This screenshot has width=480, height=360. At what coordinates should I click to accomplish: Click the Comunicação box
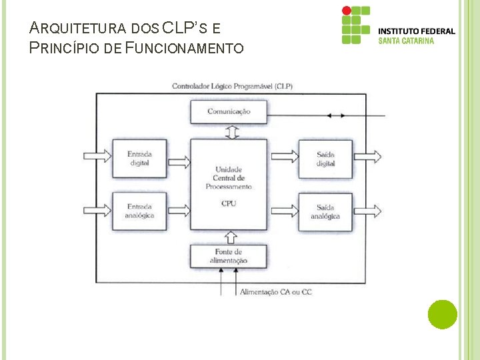click(x=229, y=111)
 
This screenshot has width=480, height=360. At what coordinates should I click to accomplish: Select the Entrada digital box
click(x=139, y=159)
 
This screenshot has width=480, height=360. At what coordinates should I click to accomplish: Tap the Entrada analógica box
click(x=139, y=211)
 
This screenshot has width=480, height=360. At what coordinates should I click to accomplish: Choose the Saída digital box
click(x=325, y=159)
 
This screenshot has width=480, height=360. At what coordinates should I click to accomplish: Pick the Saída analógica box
click(x=325, y=212)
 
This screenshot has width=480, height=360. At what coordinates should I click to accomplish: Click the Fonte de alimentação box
click(x=229, y=256)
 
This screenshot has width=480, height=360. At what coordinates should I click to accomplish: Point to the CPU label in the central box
click(x=229, y=203)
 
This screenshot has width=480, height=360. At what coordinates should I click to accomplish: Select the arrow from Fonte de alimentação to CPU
click(x=231, y=237)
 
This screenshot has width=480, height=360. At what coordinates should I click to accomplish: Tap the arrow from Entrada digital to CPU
click(x=179, y=160)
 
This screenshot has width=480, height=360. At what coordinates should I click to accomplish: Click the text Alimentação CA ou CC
click(x=275, y=292)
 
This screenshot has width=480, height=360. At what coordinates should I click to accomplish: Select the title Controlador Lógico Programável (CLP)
click(x=231, y=86)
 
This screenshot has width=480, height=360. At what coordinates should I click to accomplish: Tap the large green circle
click(x=442, y=315)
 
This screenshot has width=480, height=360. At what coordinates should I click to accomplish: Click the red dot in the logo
click(x=346, y=11)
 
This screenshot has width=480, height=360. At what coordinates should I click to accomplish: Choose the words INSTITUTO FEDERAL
click(x=417, y=31)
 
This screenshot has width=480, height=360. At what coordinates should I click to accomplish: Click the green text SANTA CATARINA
click(x=406, y=41)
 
